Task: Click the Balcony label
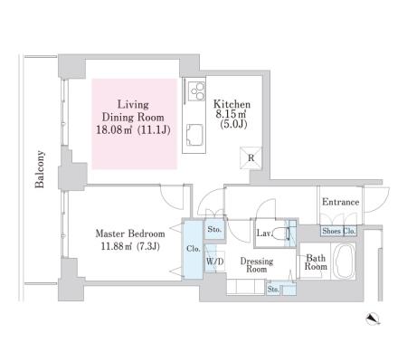click(x=40, y=169)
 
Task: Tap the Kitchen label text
click(x=232, y=104)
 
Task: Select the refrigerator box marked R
click(x=251, y=157)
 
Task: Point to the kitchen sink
click(x=194, y=135)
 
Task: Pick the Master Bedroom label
click(x=130, y=233)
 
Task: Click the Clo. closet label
click(x=194, y=249)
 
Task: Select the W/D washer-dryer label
click(x=215, y=262)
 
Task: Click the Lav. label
click(x=264, y=233)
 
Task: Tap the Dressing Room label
click(x=257, y=265)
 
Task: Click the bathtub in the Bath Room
click(x=345, y=262)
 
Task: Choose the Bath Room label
click(x=316, y=262)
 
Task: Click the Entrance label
click(x=340, y=202)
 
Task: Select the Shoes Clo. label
click(x=338, y=231)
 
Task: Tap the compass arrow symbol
click(x=373, y=319)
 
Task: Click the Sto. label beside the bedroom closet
click(x=214, y=229)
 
